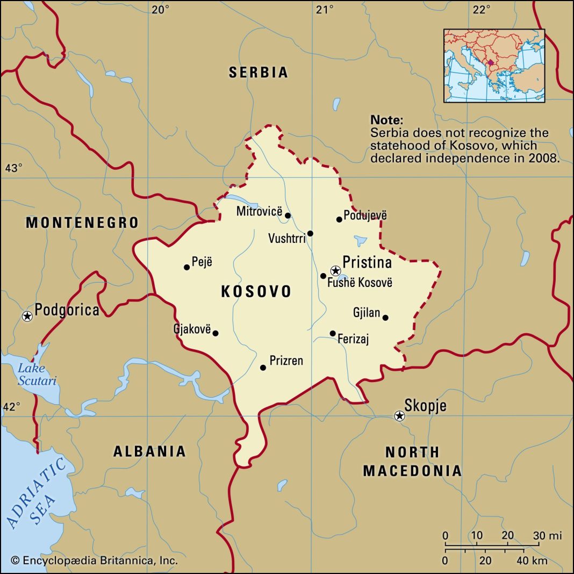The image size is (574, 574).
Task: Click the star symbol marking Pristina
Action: coord(335,270)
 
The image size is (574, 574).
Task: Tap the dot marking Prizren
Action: coord(263,368)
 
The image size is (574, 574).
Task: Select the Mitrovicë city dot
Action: coord(288,216)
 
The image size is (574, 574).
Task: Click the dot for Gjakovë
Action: coord(216,333)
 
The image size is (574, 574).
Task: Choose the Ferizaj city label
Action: coord(353,340)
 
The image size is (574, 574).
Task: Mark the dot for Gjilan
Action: coord(385,318)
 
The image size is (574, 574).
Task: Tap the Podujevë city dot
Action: coord(339,219)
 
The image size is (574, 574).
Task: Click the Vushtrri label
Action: coord(287,237)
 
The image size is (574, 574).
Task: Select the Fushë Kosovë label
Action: coord(360,283)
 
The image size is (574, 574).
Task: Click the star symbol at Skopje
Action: coord(399,415)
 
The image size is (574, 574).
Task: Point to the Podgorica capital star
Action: coord(27,316)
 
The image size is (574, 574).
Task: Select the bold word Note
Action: coord(386,120)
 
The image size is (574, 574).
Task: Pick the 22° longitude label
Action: coord(482,10)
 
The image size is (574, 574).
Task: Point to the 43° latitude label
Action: coord(13,168)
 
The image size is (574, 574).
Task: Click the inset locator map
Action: coord(494,66)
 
